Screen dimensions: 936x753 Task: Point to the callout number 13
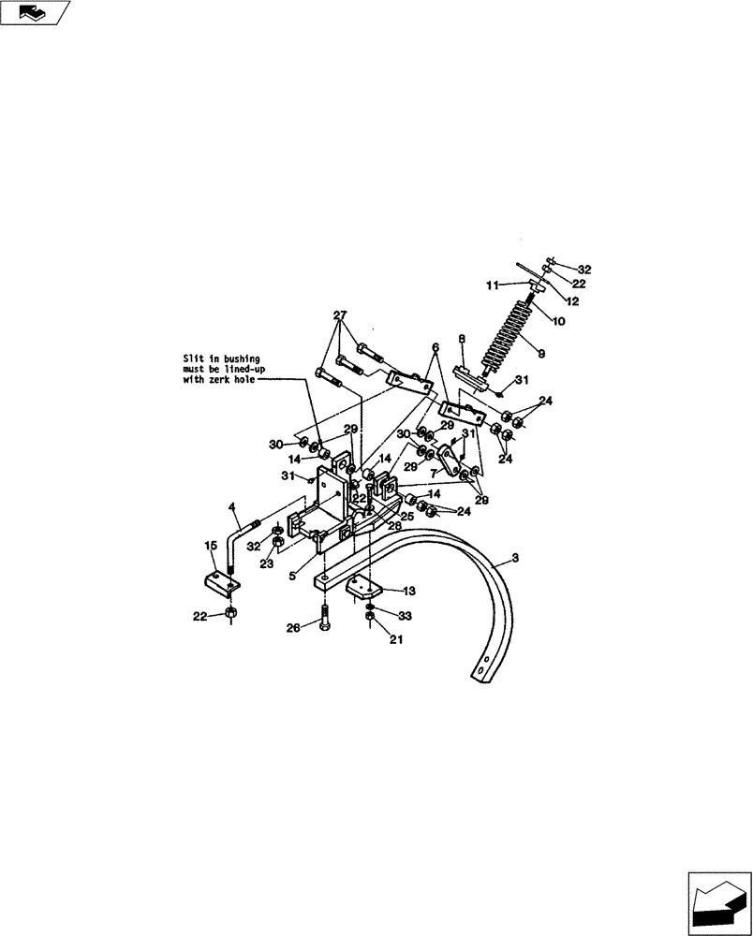click(409, 591)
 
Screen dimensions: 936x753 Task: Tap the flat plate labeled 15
click(221, 583)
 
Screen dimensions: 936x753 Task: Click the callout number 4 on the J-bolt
click(231, 509)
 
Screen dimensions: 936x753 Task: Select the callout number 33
click(406, 615)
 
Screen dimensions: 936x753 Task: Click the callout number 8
click(462, 339)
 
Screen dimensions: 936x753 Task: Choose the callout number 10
click(559, 321)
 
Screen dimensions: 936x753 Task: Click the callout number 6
click(435, 345)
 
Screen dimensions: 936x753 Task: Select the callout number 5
click(293, 578)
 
